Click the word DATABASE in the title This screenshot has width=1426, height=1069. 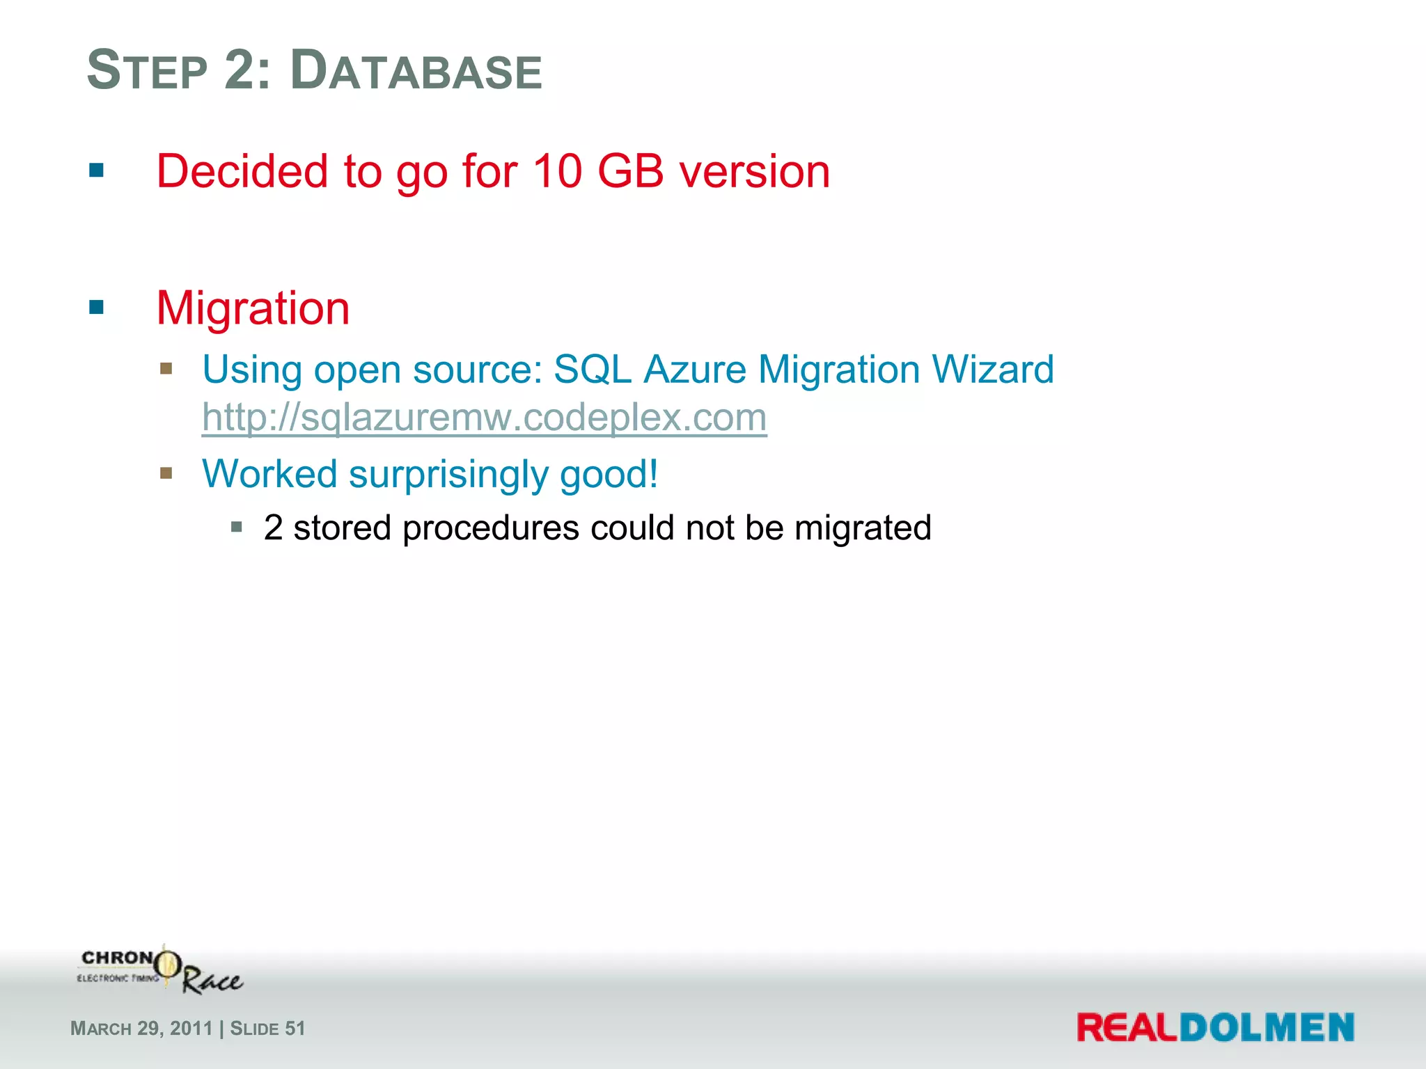point(416,71)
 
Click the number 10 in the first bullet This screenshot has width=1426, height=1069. point(557,171)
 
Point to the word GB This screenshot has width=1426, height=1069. point(630,171)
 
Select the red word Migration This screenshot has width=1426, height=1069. point(253,308)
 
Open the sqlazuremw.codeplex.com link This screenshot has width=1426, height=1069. point(484,418)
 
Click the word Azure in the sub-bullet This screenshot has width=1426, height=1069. point(694,369)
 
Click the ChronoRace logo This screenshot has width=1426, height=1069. point(160,969)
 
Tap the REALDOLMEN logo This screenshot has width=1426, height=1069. point(1215,1028)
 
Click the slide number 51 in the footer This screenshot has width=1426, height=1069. point(295,1029)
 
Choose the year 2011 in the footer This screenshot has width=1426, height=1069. point(191,1029)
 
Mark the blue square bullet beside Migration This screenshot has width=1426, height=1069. point(97,307)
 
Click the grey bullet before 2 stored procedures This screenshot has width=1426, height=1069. point(237,527)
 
